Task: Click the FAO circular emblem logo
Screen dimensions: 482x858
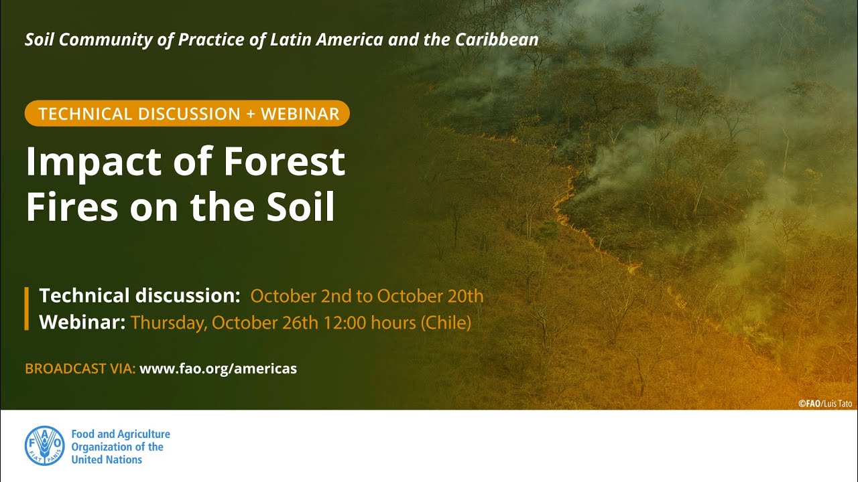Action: [45, 447]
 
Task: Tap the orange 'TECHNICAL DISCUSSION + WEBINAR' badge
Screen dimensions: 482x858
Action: [188, 114]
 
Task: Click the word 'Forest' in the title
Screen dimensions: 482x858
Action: [284, 162]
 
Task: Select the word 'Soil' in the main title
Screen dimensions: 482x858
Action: [299, 208]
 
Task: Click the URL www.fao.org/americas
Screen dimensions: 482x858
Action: [218, 369]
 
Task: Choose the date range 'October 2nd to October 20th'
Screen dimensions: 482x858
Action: [367, 296]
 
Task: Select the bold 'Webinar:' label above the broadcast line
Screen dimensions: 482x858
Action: [82, 323]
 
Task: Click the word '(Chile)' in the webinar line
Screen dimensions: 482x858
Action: [446, 323]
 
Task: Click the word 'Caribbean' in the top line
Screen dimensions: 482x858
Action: [497, 39]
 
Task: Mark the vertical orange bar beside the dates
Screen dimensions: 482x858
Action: [27, 309]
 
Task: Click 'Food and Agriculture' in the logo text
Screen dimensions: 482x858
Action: [121, 434]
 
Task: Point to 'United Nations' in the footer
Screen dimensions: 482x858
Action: [107, 460]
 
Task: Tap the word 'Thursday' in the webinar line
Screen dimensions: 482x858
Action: [168, 323]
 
